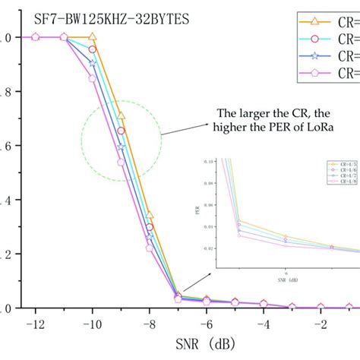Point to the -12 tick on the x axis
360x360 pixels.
[35, 325]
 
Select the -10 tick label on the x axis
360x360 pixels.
[92, 325]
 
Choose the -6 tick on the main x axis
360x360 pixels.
[206, 325]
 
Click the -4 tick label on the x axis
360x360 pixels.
[263, 325]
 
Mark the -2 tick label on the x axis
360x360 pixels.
[320, 325]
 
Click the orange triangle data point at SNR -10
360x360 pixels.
[93, 36]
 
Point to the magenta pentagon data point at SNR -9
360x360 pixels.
[121, 162]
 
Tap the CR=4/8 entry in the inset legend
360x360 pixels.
[336, 182]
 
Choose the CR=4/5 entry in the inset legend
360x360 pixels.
[336, 163]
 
